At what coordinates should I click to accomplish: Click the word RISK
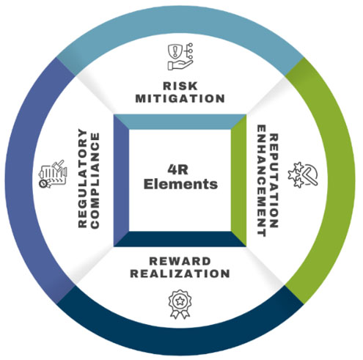(x=180, y=86)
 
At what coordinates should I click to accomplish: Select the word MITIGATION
(x=180, y=98)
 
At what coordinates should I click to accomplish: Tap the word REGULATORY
(x=83, y=179)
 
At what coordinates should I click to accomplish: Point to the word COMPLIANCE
(x=95, y=180)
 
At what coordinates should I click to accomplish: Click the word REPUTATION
(x=274, y=180)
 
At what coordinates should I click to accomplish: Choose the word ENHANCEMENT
(x=262, y=180)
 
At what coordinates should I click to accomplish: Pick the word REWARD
(x=180, y=261)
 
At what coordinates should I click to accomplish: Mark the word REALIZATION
(x=180, y=273)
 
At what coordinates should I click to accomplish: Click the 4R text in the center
(x=178, y=169)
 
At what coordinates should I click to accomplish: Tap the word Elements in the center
(x=180, y=184)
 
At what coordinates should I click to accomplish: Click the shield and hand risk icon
(x=180, y=56)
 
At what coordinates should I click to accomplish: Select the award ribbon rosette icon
(x=180, y=304)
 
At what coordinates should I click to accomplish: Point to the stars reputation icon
(x=303, y=175)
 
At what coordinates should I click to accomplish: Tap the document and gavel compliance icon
(x=53, y=174)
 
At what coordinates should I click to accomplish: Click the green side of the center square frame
(x=238, y=180)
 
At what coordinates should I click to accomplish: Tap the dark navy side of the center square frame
(x=180, y=239)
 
